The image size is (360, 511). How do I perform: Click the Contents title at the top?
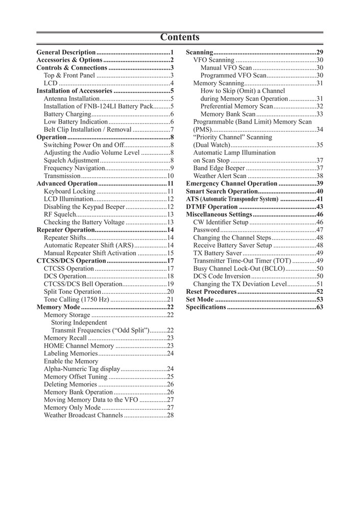180,37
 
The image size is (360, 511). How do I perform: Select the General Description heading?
66,53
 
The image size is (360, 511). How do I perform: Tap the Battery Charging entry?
67,114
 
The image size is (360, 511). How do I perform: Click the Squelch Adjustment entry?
71,160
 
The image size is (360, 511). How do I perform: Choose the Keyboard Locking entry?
69,191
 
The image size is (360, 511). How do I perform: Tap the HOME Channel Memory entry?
79,346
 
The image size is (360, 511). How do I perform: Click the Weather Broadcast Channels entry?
83,415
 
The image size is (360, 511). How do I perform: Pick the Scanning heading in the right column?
200,53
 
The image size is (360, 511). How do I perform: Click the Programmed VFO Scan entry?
233,76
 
